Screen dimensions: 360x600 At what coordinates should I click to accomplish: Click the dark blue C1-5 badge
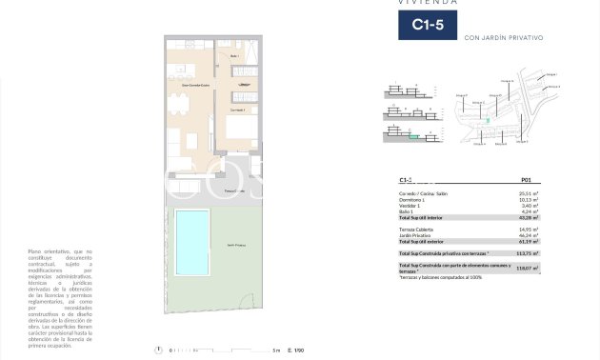click(x=427, y=25)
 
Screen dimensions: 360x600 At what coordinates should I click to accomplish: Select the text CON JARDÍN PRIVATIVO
click(x=503, y=38)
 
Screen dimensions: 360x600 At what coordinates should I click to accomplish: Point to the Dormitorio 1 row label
click(x=412, y=199)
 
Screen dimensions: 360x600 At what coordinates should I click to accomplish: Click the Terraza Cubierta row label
click(x=416, y=229)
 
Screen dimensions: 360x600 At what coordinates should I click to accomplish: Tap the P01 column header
click(x=526, y=180)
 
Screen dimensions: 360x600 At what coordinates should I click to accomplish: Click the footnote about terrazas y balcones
click(x=441, y=277)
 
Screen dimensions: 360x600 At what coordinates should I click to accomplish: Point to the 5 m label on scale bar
click(x=275, y=350)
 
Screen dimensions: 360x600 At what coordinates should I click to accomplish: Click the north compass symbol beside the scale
click(x=157, y=350)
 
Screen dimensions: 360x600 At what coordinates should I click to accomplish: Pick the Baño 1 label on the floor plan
click(x=234, y=56)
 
